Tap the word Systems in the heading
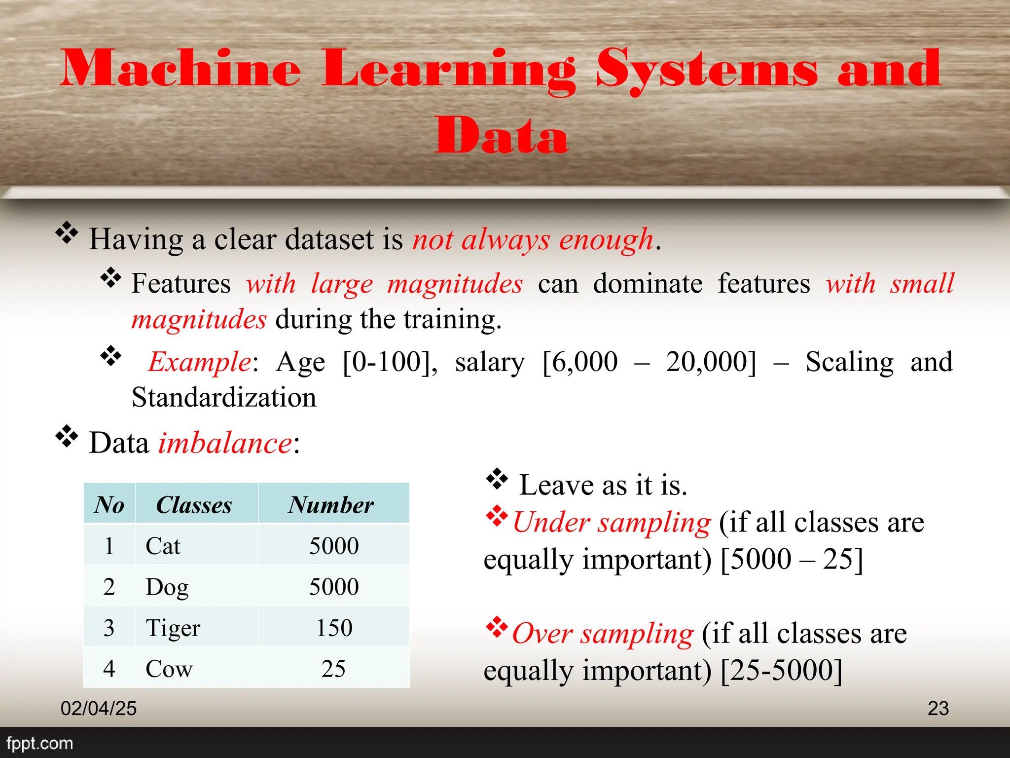coord(706,69)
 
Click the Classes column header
coord(194,505)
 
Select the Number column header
coord(331,505)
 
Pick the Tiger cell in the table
coord(173,628)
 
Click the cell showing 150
coord(334,628)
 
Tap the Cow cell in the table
coord(169,669)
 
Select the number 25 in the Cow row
coord(333,669)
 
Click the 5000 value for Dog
coord(334,587)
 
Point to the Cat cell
coord(163,546)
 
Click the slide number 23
coord(938,709)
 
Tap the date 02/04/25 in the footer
coord(99,709)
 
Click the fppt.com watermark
coord(39,743)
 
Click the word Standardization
coord(224,398)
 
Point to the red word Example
coord(200,362)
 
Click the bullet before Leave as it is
coord(497,479)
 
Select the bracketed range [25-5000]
coord(782,670)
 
